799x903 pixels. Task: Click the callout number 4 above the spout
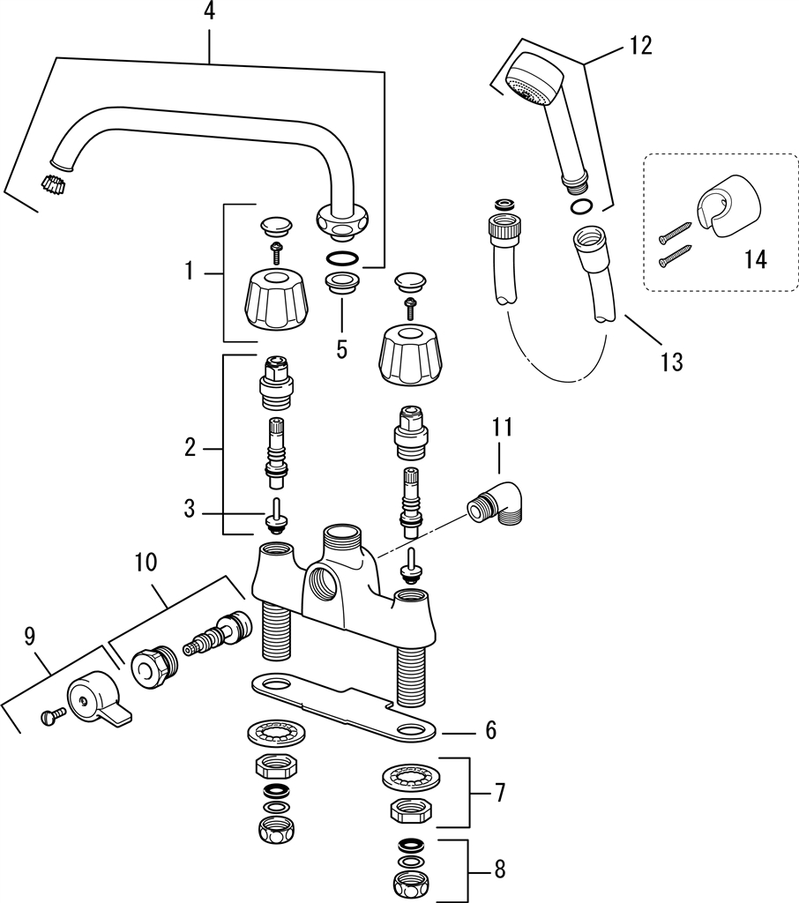tap(210, 11)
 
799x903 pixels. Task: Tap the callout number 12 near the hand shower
tap(639, 46)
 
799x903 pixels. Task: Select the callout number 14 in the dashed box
tap(755, 259)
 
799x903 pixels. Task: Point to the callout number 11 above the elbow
tap(502, 428)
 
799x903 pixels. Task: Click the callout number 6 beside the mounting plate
tap(491, 730)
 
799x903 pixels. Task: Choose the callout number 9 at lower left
tap(29, 636)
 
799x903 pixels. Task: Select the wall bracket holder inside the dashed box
tap(728, 205)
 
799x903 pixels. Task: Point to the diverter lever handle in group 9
tap(97, 699)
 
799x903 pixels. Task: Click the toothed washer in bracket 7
tap(410, 777)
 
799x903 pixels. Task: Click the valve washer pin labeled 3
tap(275, 513)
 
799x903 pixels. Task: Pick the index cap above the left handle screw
tap(276, 226)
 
